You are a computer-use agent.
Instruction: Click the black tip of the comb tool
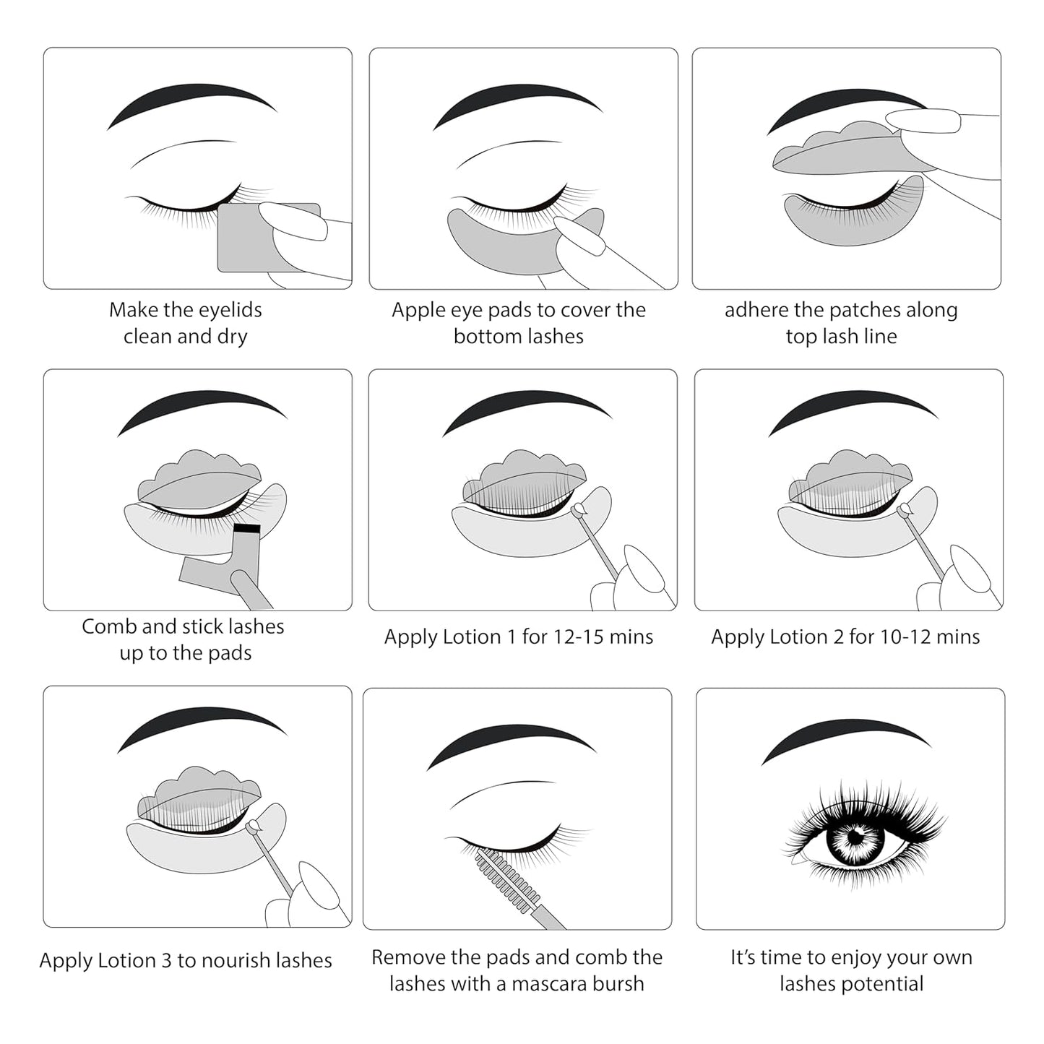coord(246,529)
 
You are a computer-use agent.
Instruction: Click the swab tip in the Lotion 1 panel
coord(578,512)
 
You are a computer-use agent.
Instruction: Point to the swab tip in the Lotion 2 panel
coord(904,512)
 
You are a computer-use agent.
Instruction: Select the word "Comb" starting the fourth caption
coord(109,626)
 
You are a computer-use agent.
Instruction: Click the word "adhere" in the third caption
coord(756,311)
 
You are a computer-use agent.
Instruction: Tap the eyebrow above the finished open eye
coord(845,741)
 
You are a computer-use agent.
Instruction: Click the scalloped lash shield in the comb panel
coord(199,480)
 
